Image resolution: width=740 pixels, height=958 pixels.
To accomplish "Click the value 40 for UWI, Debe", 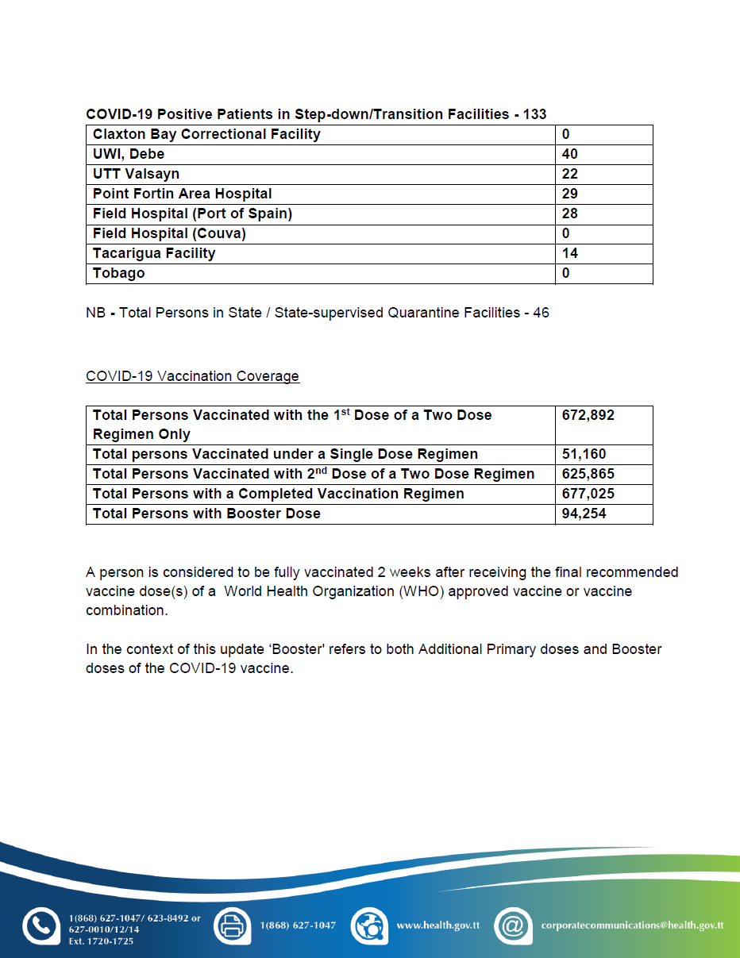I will click(x=569, y=154).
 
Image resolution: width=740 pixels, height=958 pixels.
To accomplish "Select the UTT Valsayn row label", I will click(x=136, y=174).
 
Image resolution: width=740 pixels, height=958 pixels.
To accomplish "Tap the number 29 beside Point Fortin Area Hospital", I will click(x=569, y=194).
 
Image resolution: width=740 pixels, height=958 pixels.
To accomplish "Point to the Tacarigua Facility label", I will click(x=154, y=253).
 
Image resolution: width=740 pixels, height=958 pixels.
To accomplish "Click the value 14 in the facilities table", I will click(x=569, y=253).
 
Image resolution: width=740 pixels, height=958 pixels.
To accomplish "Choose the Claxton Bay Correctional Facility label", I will click(x=206, y=134).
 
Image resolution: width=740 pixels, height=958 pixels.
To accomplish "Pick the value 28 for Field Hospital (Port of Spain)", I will click(x=569, y=214).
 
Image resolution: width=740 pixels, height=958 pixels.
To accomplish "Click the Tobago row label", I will click(x=119, y=273).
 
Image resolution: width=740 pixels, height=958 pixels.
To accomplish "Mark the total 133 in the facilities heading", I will click(x=534, y=114).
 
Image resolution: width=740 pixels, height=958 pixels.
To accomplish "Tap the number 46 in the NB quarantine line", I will click(x=541, y=313).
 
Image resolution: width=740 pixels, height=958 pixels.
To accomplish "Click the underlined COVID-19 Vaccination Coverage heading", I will click(x=192, y=376).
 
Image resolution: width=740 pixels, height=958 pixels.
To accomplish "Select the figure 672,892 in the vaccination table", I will click(x=588, y=415).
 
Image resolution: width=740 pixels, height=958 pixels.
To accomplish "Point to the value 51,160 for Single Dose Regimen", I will click(x=584, y=454).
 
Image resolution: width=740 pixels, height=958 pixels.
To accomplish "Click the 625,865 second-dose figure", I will click(x=588, y=474).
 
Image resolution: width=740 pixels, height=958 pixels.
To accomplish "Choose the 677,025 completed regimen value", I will click(x=588, y=494).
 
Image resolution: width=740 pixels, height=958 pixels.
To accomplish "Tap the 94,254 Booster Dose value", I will click(x=584, y=514).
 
